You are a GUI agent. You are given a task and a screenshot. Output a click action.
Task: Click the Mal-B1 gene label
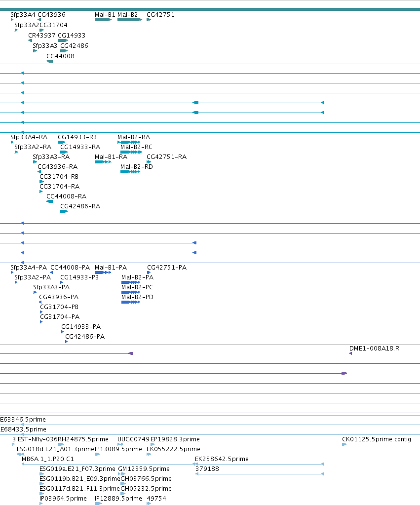(105, 15)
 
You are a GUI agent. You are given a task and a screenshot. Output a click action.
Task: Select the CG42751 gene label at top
(160, 15)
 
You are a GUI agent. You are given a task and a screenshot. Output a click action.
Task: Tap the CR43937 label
(41, 36)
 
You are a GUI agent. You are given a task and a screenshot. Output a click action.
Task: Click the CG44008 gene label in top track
(60, 56)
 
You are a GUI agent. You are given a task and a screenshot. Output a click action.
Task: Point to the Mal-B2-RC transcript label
(136, 147)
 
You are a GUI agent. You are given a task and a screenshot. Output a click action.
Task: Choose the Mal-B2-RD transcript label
(136, 167)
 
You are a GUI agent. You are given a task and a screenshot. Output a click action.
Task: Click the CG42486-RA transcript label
(80, 206)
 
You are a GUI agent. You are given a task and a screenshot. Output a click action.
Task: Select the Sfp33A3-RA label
(51, 157)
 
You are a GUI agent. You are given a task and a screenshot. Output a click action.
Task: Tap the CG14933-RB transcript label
(77, 137)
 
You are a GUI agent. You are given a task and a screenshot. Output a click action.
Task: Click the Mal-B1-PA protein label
(111, 268)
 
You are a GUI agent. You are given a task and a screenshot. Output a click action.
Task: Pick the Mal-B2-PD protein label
(137, 297)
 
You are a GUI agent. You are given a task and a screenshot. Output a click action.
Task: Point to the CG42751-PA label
(167, 268)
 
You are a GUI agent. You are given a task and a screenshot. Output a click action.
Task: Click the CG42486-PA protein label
(85, 337)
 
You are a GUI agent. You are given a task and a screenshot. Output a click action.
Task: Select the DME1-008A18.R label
(374, 349)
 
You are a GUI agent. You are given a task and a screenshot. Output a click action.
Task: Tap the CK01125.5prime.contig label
(377, 439)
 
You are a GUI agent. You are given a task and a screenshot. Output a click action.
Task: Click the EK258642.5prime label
(222, 459)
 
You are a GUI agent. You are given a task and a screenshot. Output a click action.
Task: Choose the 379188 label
(207, 469)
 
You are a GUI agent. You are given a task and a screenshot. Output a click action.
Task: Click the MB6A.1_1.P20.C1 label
(48, 459)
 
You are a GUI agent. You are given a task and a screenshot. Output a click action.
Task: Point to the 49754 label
(156, 499)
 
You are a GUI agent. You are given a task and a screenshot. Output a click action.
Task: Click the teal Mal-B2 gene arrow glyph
(130, 20)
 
